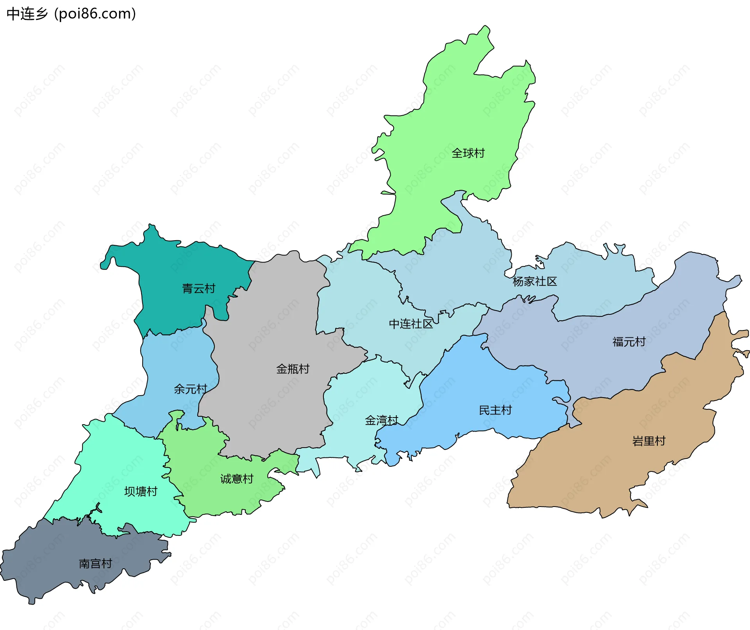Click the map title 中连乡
coord(27,14)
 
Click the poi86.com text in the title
coord(95,14)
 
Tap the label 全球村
coord(468,153)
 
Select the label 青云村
coord(198,289)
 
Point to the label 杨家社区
coord(534,282)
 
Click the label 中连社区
coord(411,324)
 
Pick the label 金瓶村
coord(293,369)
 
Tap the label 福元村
coord(629,342)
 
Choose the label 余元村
coord(190,389)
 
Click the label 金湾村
coord(381,421)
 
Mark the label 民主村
coord(495,410)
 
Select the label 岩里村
coord(648,441)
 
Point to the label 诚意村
coord(237,479)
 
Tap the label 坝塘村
coord(141,492)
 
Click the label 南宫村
coord(95,564)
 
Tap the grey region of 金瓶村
coord(273,410)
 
